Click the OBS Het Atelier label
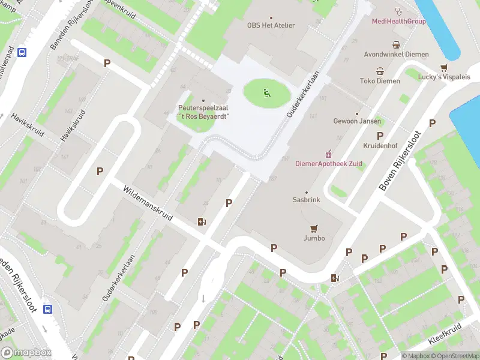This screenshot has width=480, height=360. [275, 25]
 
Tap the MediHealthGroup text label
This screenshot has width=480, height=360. [398, 22]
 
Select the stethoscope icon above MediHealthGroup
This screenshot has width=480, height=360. [398, 11]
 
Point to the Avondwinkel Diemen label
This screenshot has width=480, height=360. [396, 55]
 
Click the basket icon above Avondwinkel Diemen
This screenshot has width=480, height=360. [396, 44]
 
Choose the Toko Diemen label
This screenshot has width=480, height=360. [379, 81]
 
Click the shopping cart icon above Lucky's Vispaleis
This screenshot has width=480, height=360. [444, 67]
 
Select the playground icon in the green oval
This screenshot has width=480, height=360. [267, 92]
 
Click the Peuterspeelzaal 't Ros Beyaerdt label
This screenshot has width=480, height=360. [203, 112]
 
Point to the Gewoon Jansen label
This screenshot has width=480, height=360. [357, 121]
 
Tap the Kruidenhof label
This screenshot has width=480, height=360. [380, 146]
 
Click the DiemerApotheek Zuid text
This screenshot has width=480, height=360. [328, 164]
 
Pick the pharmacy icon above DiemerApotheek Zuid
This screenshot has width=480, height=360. [328, 154]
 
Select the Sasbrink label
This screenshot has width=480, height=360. [307, 200]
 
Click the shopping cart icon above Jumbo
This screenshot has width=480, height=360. [313, 228]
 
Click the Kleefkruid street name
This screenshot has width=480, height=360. [445, 336]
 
